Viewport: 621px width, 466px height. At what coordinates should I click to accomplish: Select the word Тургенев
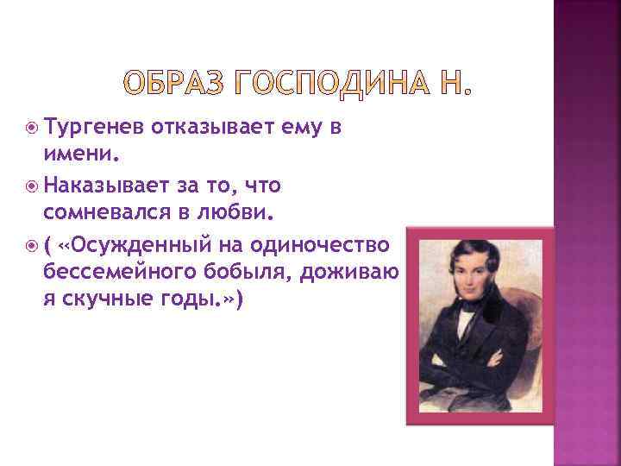point(94,129)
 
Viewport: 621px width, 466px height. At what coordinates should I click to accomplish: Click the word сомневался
point(107,211)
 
